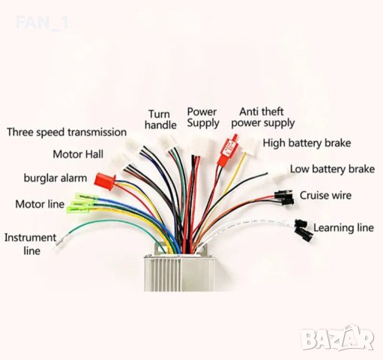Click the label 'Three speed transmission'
67,132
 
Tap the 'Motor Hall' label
78,154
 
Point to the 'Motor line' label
40,204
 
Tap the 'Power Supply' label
202,117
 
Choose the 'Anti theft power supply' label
262,117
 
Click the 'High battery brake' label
307,142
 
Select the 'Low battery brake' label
332,169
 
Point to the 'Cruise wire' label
326,196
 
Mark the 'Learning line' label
343,227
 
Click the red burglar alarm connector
103,179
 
